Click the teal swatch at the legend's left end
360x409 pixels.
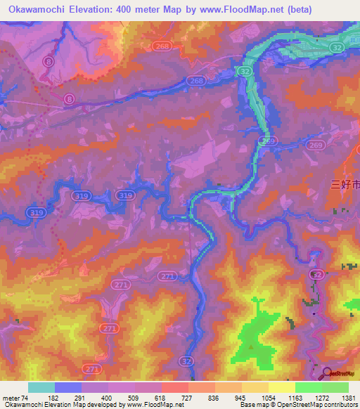point(41,387)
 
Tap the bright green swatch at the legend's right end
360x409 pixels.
point(335,387)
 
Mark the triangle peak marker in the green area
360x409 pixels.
point(251,346)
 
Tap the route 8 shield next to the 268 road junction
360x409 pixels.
point(68,100)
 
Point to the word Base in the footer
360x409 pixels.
point(248,405)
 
